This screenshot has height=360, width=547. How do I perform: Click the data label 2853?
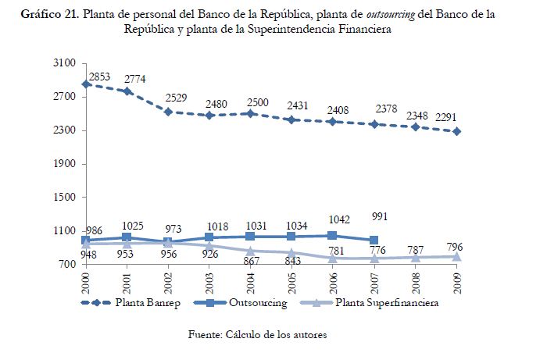[100, 77]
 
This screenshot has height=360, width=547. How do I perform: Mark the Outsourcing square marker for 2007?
[374, 240]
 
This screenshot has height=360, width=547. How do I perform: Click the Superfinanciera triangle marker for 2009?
[456, 256]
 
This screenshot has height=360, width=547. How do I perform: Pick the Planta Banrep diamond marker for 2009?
[456, 131]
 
